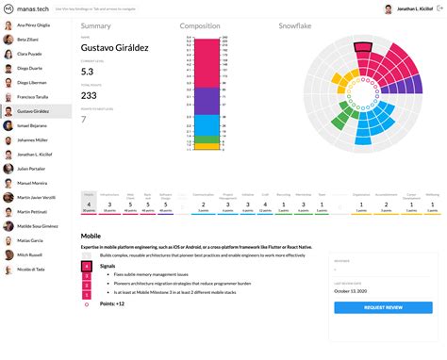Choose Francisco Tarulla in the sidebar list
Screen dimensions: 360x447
pyautogui.click(x=35, y=97)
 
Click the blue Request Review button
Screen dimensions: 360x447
pyautogui.click(x=382, y=307)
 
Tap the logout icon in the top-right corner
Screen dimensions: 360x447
pyautogui.click(x=438, y=8)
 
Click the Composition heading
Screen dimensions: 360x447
pyautogui.click(x=201, y=26)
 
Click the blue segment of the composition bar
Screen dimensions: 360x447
pyautogui.click(x=201, y=123)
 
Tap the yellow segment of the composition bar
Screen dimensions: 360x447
pyautogui.click(x=201, y=146)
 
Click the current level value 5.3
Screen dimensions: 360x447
pyautogui.click(x=87, y=71)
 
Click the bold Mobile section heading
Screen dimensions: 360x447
pyautogui.click(x=91, y=236)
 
